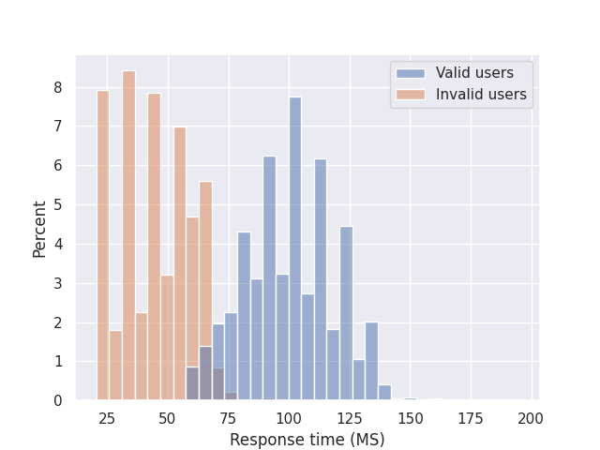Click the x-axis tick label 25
coord(107,418)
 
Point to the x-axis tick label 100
coord(289,418)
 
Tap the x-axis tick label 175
coord(471,418)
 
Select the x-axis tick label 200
coord(532,418)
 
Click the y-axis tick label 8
coord(57,87)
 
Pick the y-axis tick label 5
coord(57,205)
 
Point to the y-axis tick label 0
coord(57,401)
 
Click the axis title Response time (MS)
coord(307,440)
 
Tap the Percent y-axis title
coord(39,229)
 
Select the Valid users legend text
coord(474,73)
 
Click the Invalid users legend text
coord(481,94)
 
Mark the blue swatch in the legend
coord(411,73)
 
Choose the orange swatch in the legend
coord(411,94)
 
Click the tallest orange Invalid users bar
coord(128,234)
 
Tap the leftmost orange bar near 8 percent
coord(103,244)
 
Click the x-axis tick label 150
coord(410,418)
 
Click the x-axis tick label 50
coord(167,418)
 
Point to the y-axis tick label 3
coord(57,283)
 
